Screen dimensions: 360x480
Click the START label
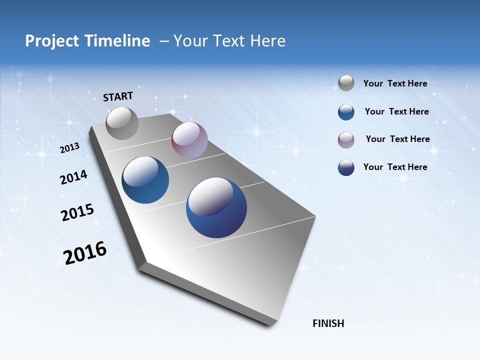[x=118, y=96]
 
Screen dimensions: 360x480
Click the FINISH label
[x=328, y=323]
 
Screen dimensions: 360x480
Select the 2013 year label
[x=69, y=148]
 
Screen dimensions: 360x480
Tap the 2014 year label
[x=73, y=177]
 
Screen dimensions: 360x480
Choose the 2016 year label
[x=85, y=253]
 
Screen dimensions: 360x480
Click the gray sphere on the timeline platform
[x=122, y=123]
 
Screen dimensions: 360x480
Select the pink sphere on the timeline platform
[x=189, y=140]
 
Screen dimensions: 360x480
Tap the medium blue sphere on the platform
[x=145, y=180]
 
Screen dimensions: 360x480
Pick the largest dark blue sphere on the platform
[x=216, y=207]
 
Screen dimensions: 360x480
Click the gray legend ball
[x=346, y=83]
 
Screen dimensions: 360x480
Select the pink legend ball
[x=346, y=140]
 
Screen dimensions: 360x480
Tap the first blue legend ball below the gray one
[x=346, y=112]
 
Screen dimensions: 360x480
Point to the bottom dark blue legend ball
[x=346, y=167]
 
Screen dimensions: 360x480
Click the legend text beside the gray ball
[x=395, y=83]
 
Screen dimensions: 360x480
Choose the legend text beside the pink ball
[x=397, y=139]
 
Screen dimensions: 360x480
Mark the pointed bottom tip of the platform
[x=272, y=325]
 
